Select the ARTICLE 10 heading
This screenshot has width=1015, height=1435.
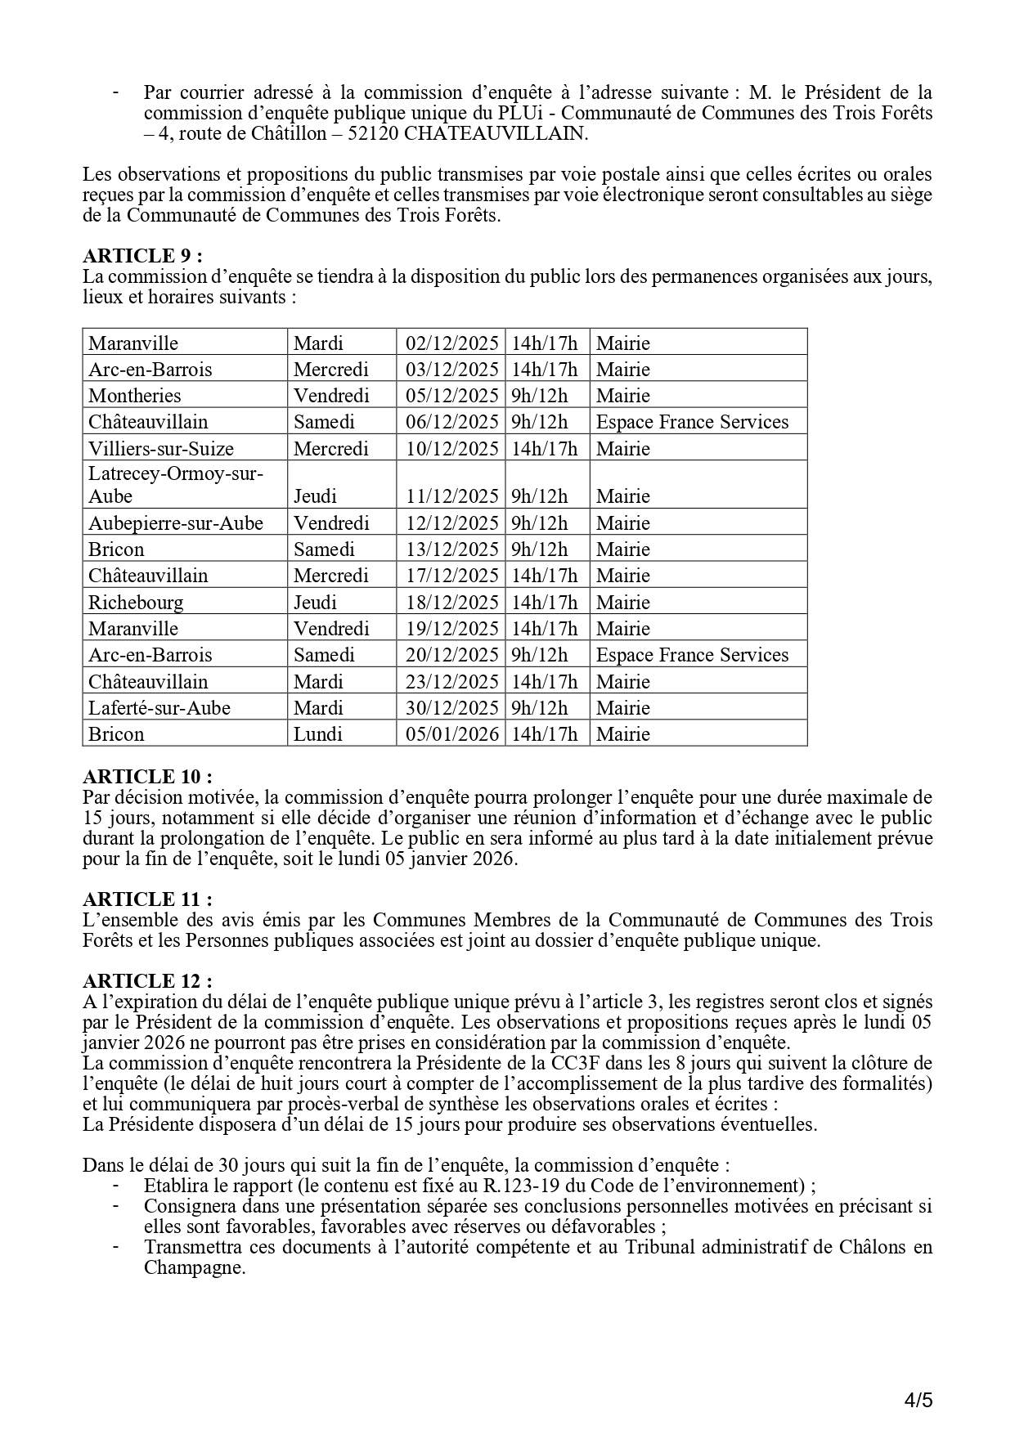click(x=147, y=777)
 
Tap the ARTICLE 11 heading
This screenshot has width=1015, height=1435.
click(x=147, y=899)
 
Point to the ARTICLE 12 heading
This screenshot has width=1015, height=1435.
click(x=147, y=981)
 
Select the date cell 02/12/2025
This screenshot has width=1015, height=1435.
click(x=452, y=343)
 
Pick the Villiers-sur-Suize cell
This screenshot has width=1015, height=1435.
click(x=161, y=449)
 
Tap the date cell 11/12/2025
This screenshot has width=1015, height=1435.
click(x=452, y=496)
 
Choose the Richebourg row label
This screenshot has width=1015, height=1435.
click(x=136, y=603)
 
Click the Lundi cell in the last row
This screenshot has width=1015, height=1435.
click(x=318, y=734)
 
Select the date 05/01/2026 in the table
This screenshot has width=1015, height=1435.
click(x=452, y=734)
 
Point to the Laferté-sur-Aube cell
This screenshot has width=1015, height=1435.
click(x=159, y=708)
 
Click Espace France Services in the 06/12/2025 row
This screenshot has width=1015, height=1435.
click(x=692, y=422)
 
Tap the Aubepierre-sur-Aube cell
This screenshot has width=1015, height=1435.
click(x=176, y=523)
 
